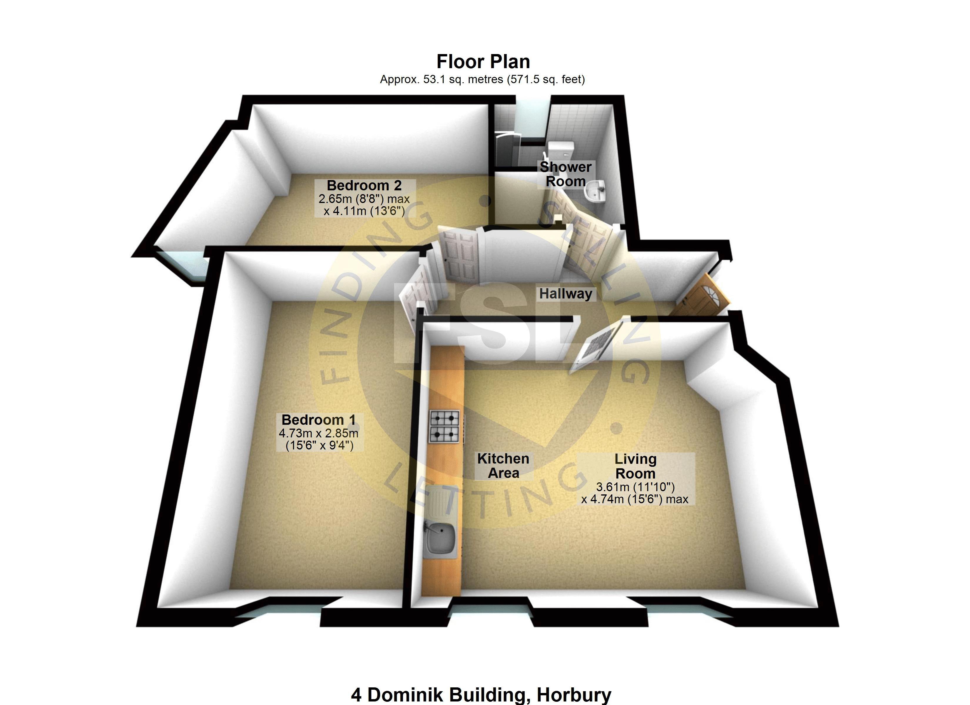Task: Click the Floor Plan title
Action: tap(483, 62)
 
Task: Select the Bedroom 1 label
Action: tap(319, 420)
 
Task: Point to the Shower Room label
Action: tap(566, 174)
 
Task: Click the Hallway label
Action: tap(566, 294)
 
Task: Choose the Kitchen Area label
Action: tap(504, 466)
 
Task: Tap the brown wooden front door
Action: tap(701, 296)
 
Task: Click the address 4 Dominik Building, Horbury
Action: tap(481, 695)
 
